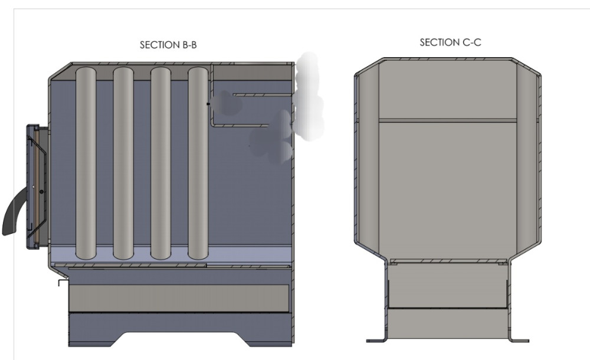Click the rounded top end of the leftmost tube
tap(86, 68)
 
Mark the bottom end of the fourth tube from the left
tap(198, 259)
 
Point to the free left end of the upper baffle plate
tap(234, 95)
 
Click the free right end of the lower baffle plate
tap(268, 125)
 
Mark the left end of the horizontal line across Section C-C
tap(379, 120)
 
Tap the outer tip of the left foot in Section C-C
tap(367, 341)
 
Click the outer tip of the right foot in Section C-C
tap(529, 341)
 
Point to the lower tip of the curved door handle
tap(5, 234)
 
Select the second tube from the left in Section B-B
tap(123, 163)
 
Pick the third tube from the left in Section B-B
tap(160, 163)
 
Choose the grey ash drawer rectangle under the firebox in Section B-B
tap(179, 298)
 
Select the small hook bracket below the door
tap(63, 283)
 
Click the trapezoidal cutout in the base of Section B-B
tap(181, 339)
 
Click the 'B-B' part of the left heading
tap(189, 45)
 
